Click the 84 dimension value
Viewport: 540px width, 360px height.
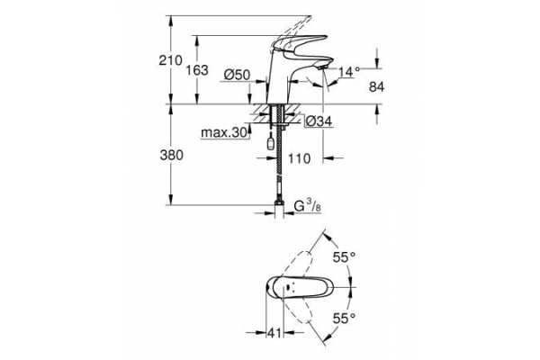pos(390,86)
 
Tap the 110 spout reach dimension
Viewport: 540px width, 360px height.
pos(301,158)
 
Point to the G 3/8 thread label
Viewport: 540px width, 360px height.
pos(307,206)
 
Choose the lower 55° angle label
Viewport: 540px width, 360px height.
pos(346,318)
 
